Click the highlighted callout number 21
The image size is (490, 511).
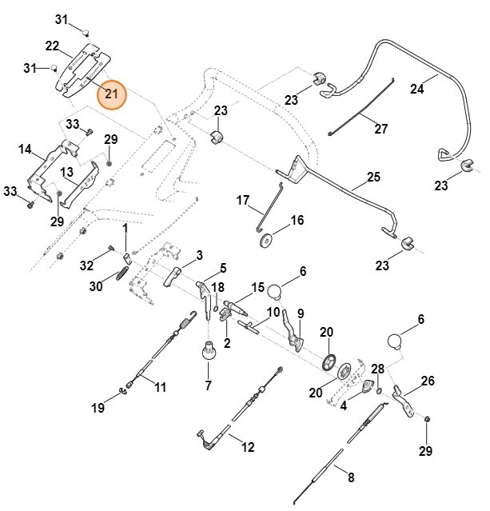tap(112, 94)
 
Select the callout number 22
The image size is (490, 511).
tap(52, 46)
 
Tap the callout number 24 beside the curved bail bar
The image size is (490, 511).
tap(416, 89)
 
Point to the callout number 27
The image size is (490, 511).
tap(380, 128)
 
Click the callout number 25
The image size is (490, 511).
tap(373, 176)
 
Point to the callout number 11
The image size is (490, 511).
tap(160, 388)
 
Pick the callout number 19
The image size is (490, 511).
tap(98, 408)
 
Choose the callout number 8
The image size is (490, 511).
tap(349, 478)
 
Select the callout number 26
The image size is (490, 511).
tap(428, 381)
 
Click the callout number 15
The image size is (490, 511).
tap(257, 287)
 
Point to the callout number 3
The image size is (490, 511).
tap(198, 254)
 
